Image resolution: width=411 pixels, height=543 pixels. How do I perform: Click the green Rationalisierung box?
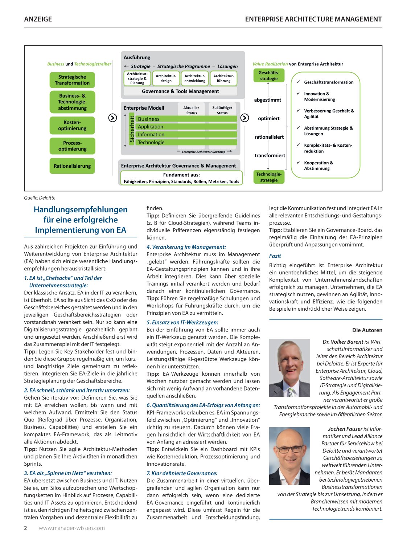72,166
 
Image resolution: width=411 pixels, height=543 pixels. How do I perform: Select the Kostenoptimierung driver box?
72,125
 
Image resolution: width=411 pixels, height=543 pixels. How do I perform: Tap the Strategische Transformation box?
72,80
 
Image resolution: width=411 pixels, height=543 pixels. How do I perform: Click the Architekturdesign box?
166,78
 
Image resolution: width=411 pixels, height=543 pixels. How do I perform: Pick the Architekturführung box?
223,78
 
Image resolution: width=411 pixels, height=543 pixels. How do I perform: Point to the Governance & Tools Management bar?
180,91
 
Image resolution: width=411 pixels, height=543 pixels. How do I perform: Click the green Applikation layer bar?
186,127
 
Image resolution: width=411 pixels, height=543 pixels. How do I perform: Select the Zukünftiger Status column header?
222,110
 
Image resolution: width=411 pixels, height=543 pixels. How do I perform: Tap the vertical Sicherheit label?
132,129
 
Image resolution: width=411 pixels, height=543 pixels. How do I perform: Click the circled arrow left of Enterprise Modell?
113,118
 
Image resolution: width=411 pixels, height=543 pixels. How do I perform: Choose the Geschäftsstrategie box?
269,75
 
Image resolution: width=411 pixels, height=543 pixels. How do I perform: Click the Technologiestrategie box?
269,177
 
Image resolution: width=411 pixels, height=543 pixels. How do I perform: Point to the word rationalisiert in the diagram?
269,137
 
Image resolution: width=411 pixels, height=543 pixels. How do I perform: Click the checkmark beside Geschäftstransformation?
299,82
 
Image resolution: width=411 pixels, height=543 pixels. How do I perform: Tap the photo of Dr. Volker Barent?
289,368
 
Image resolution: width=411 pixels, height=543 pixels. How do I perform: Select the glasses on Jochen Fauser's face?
289,449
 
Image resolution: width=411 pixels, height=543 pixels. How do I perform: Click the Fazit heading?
275,256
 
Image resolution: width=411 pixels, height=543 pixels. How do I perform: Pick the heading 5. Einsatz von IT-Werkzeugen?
182,322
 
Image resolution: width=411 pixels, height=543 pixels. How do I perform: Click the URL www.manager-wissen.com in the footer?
72,528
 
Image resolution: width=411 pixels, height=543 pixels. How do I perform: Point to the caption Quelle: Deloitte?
40,198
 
